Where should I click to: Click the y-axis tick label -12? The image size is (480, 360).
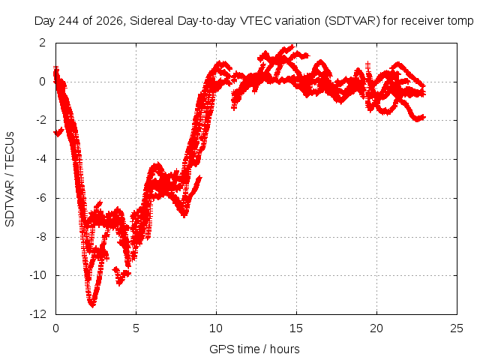[x=38, y=314]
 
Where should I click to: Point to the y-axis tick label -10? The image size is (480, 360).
[x=38, y=275]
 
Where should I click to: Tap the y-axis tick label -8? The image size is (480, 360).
[x=41, y=237]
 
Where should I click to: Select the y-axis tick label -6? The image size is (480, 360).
[x=41, y=198]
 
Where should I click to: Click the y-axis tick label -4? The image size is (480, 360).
[x=41, y=159]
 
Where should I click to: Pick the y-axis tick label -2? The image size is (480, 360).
[x=41, y=120]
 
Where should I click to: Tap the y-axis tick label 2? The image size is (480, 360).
[x=43, y=43]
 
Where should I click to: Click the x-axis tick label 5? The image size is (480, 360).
[x=136, y=328]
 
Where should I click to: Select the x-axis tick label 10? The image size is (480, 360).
[x=216, y=328]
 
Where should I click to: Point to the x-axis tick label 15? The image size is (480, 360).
[x=296, y=328]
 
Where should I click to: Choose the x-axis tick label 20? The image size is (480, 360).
[x=376, y=328]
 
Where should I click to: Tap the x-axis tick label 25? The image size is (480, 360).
[x=457, y=328]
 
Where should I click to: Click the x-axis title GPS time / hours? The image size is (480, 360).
[x=254, y=349]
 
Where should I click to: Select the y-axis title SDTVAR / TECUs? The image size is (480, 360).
[x=10, y=179]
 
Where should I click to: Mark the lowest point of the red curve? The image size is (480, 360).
[x=92, y=305]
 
